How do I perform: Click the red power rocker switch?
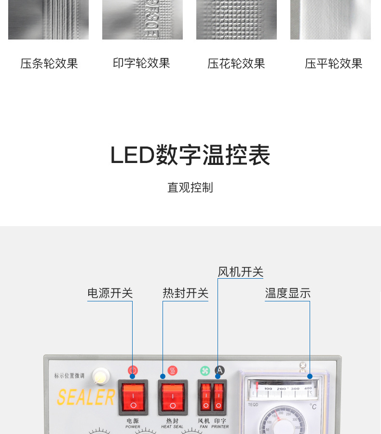point(133,396)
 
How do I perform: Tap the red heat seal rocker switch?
point(172,396)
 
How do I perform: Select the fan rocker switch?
point(206,396)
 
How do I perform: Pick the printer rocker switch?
point(219,396)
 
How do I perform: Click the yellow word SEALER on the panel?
point(86,397)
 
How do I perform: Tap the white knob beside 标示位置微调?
point(100,376)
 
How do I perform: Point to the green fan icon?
point(205,371)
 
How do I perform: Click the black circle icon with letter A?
point(219,371)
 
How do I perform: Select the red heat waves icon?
point(172,371)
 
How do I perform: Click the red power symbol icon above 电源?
point(133,371)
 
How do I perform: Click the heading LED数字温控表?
point(190,155)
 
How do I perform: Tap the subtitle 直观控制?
point(190,188)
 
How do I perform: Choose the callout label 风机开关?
point(240,271)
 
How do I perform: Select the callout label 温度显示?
point(287,293)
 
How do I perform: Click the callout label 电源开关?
point(110,293)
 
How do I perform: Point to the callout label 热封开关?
point(185,293)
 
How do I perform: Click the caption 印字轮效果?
point(142,63)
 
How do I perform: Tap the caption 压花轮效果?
point(236,64)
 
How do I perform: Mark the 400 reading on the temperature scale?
point(308,388)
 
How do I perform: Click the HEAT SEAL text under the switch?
point(172,427)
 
